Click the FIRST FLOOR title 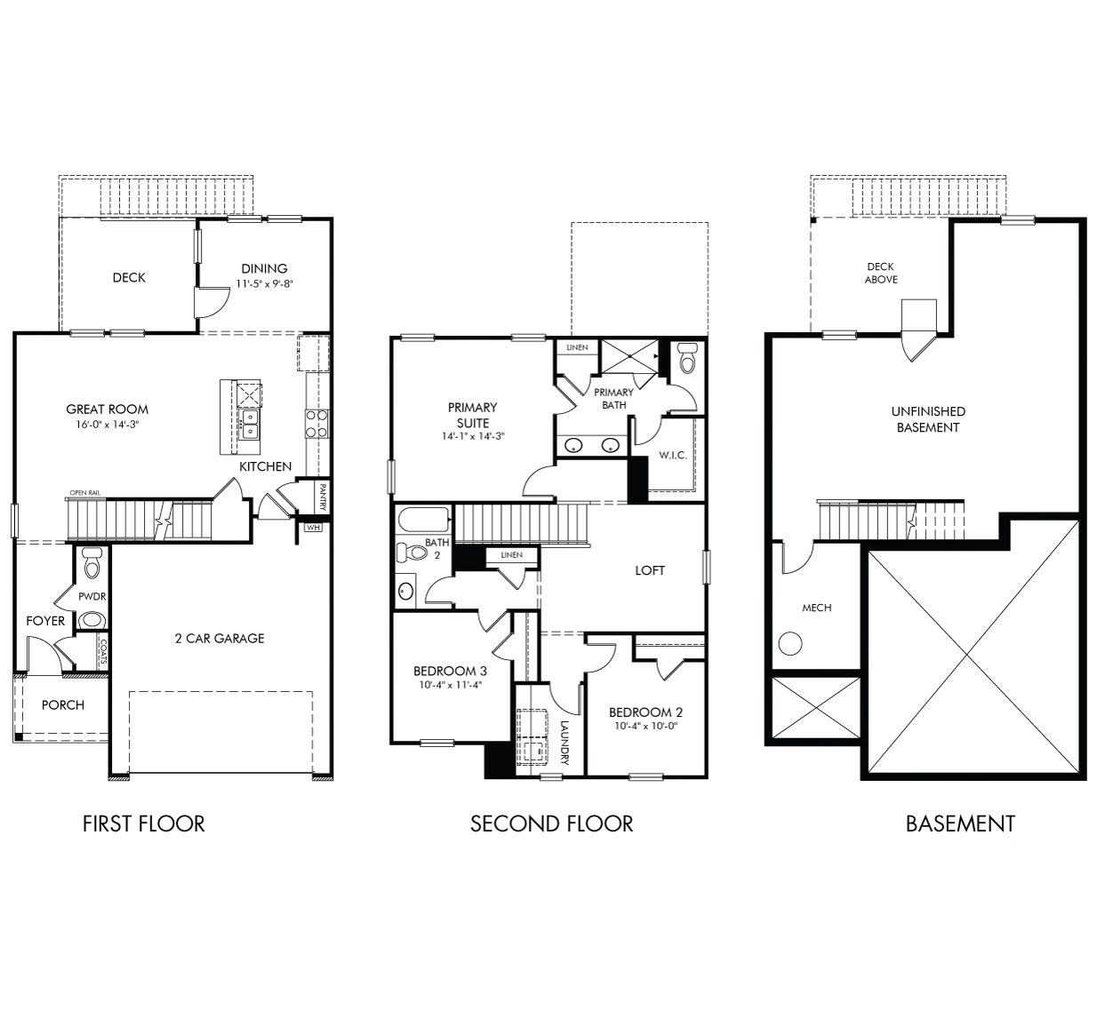tap(143, 823)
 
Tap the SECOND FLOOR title tap(551, 823)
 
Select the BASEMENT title tap(959, 823)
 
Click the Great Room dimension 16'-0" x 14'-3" tap(108, 425)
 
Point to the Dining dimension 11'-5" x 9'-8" tap(264, 284)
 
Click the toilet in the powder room tap(91, 564)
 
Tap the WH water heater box tap(313, 527)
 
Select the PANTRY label tap(323, 497)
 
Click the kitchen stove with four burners tap(316, 424)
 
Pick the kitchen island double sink tap(250, 425)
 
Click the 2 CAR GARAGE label tap(219, 638)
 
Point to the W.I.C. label tap(672, 455)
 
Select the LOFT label tap(650, 570)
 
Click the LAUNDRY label tap(564, 743)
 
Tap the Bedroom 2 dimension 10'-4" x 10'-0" tap(645, 727)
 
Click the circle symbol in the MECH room tap(790, 643)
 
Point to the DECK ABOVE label tap(880, 273)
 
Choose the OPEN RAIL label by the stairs tap(84, 493)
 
